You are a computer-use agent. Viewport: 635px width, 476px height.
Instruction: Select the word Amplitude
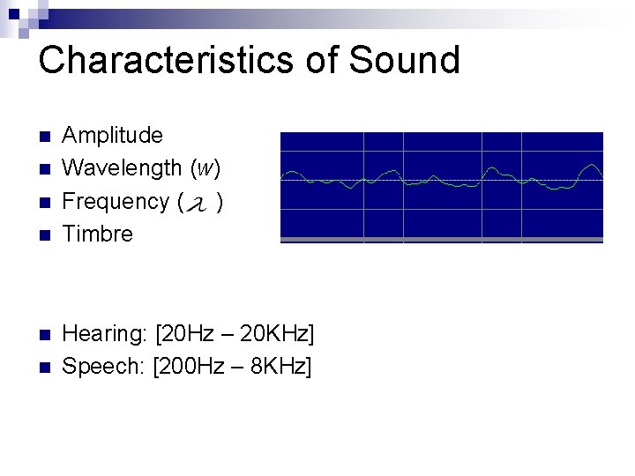pos(113,136)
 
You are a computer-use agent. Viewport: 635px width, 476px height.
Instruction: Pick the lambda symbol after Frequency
pos(200,205)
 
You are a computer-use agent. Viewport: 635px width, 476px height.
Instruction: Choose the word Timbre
pos(98,234)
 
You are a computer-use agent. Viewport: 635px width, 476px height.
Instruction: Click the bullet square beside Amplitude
pos(46,137)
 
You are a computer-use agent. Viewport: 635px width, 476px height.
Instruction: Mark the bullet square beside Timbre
pos(46,235)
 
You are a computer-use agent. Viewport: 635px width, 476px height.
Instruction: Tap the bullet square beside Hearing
pos(46,335)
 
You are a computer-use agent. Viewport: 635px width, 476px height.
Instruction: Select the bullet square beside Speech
pos(46,367)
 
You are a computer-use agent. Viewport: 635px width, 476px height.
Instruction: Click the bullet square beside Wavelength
pos(46,168)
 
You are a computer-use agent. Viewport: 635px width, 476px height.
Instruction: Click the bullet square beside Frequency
pos(46,202)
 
